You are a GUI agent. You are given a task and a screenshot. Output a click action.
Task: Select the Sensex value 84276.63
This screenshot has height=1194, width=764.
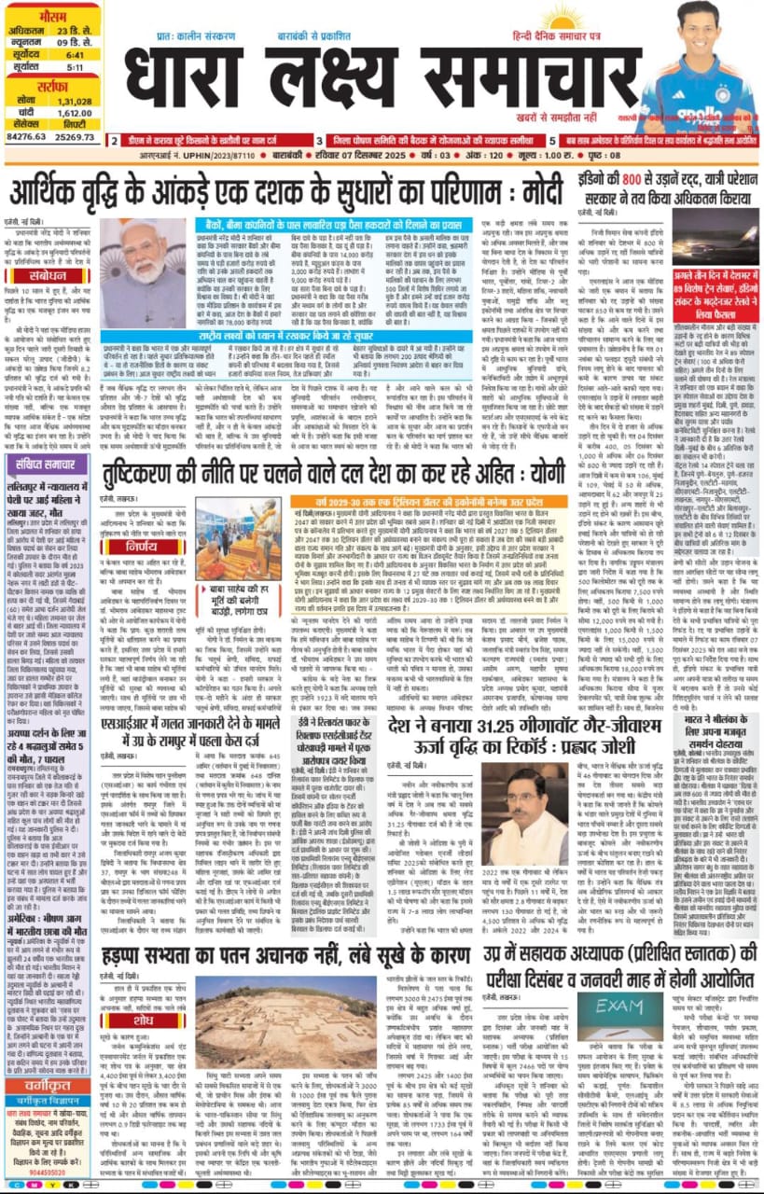coord(25,136)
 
